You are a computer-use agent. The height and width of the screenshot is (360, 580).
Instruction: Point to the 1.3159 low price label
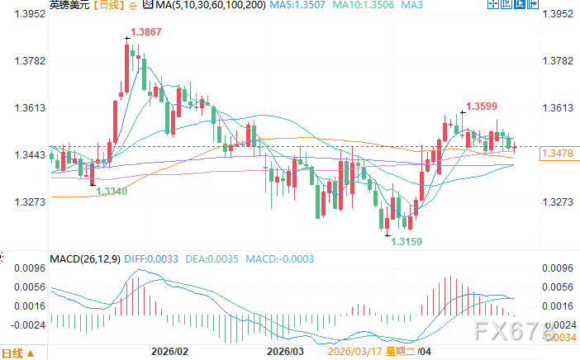[x=406, y=241]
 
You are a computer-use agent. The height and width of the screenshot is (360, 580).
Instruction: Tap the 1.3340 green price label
[x=112, y=192]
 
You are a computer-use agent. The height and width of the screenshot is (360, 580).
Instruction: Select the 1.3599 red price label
[x=482, y=106]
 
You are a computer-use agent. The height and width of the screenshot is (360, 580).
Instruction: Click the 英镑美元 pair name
[x=65, y=6]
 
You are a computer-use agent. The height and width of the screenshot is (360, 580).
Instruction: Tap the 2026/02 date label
[x=170, y=351]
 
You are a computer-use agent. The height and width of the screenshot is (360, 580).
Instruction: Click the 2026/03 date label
[x=286, y=351]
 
